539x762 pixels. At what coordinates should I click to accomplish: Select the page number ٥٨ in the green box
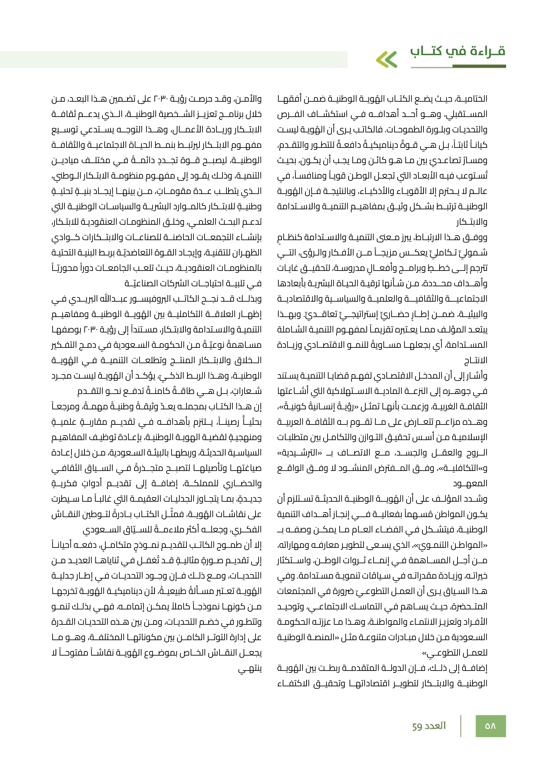coord(490,726)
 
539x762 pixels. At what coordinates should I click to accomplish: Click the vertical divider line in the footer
coord(461,726)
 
